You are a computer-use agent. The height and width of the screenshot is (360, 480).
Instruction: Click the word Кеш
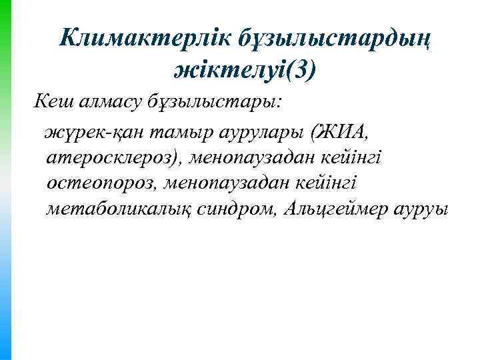pos(52,103)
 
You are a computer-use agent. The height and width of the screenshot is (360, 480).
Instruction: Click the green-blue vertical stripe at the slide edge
pos(5,180)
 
